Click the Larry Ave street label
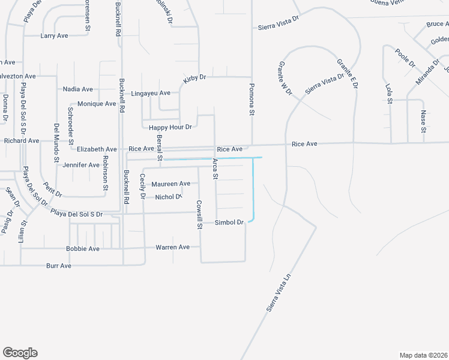point(54,36)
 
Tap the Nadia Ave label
point(78,89)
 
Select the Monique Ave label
point(97,104)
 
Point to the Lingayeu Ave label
point(151,94)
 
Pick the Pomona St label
point(253,100)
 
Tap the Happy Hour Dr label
point(170,127)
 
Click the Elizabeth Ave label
point(96,149)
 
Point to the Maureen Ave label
point(170,184)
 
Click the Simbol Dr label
point(230,223)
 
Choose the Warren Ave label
point(172,247)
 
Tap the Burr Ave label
point(59,266)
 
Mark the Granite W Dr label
point(285,78)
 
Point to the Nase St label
point(423,122)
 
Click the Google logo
point(20,353)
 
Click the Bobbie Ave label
point(83,248)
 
